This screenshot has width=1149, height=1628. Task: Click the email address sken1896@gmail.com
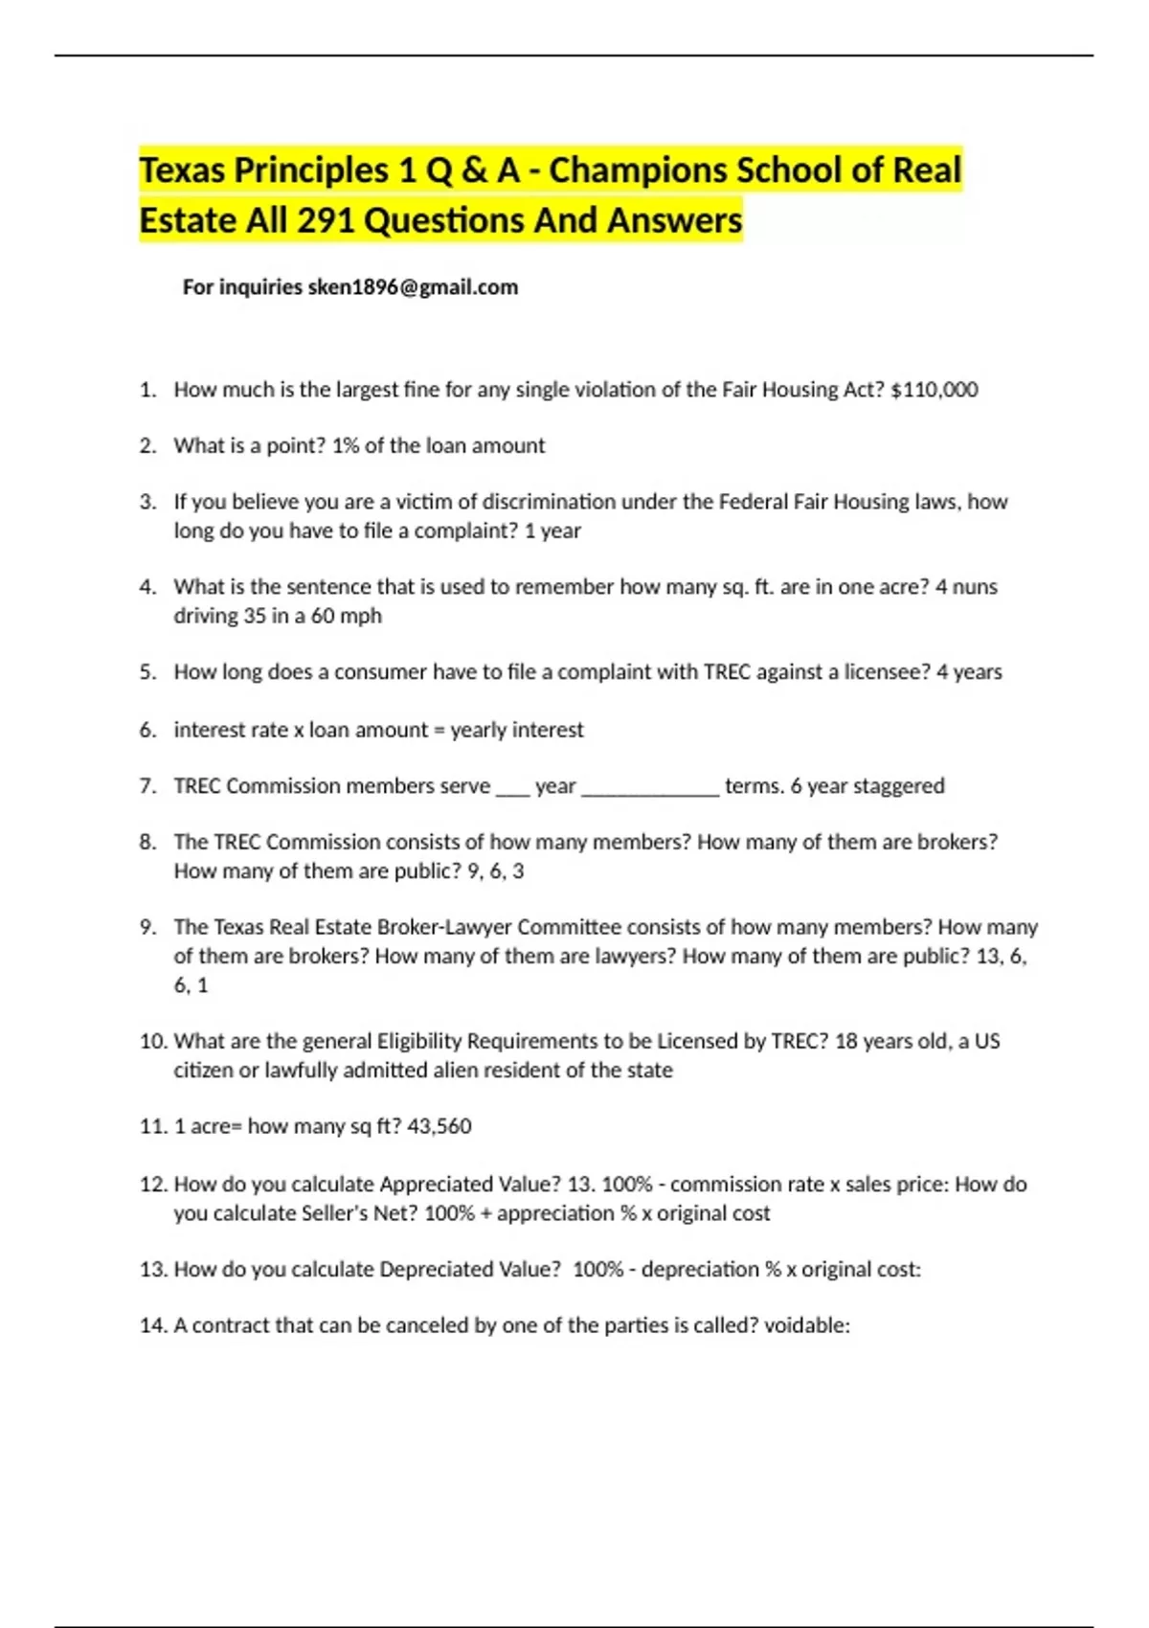413,287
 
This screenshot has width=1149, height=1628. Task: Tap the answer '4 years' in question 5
969,671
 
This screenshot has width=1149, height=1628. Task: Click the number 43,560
439,1126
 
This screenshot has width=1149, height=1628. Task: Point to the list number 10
153,1041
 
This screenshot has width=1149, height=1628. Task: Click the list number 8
147,842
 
